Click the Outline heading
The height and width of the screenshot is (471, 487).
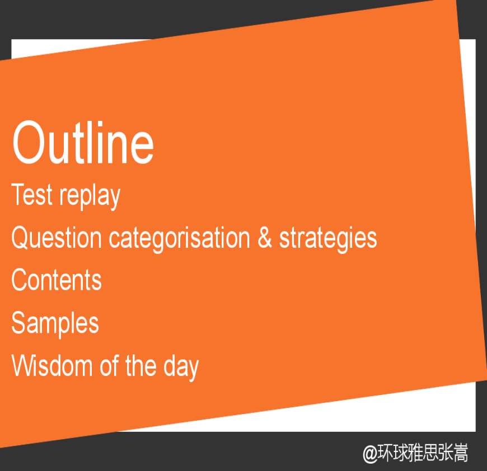pyautogui.click(x=83, y=143)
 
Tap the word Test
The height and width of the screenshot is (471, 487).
pyautogui.click(x=32, y=194)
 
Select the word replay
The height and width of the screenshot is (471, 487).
pyautogui.click(x=90, y=197)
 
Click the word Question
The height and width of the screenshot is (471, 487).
pyautogui.click(x=56, y=238)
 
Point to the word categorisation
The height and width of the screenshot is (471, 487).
pyautogui.click(x=179, y=239)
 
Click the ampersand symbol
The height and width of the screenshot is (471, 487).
pyautogui.click(x=265, y=238)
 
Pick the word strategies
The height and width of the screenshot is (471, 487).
pyautogui.click(x=328, y=239)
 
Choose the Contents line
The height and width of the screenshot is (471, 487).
pyautogui.click(x=57, y=280)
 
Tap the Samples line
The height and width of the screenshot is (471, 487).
pyautogui.click(x=55, y=324)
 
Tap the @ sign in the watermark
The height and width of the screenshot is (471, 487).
pyautogui.click(x=370, y=454)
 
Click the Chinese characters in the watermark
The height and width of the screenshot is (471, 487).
pyautogui.click(x=423, y=453)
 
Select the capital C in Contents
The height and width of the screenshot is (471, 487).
pyautogui.click(x=21, y=280)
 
